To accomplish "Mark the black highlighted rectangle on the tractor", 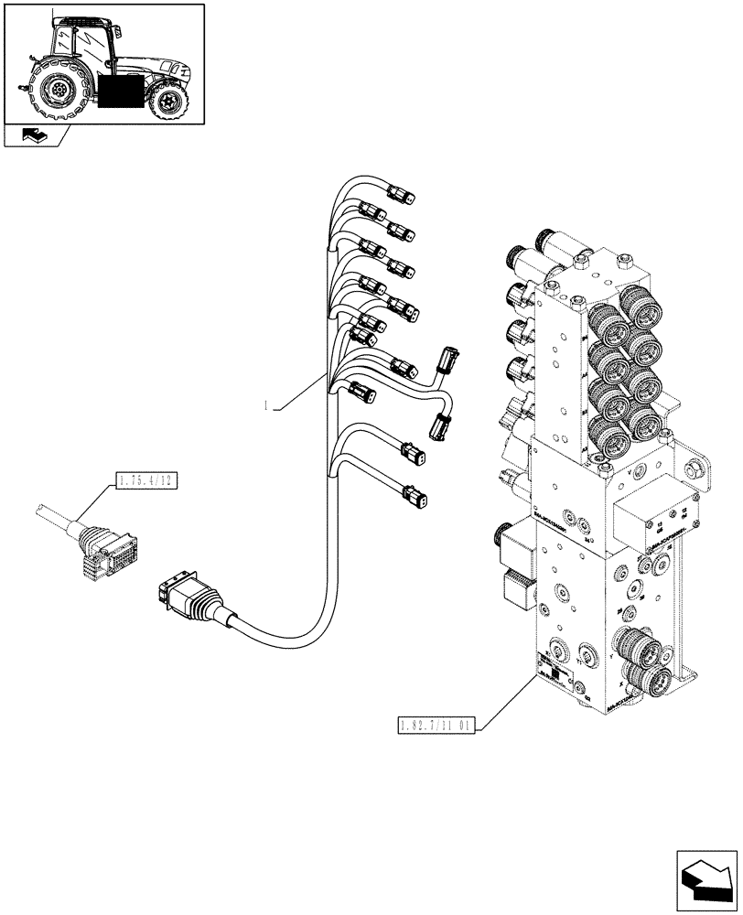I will [122, 94].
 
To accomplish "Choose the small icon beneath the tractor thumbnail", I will [32, 136].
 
